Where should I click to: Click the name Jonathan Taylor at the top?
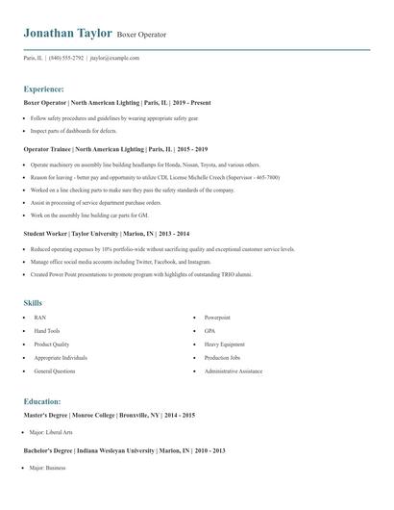[x=67, y=34]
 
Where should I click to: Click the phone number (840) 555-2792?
[x=66, y=58]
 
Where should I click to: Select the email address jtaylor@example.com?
[x=115, y=58]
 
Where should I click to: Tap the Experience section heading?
[x=44, y=88]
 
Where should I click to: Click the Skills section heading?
[x=33, y=302]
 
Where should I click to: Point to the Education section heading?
[x=42, y=401]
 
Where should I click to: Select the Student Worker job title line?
[x=106, y=233]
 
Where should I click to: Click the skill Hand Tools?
[x=47, y=330]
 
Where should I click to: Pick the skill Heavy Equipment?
[x=223, y=344]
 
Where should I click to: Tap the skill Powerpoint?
[x=217, y=317]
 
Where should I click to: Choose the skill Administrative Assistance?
[x=234, y=370]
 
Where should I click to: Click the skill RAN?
[x=39, y=317]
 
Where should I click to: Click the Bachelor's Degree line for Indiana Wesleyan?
[x=124, y=449]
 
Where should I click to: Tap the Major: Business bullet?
[x=47, y=467]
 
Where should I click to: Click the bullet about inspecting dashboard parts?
[x=74, y=130]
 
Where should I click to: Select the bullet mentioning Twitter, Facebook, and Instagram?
[x=120, y=261]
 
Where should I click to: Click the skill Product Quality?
[x=52, y=344]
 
